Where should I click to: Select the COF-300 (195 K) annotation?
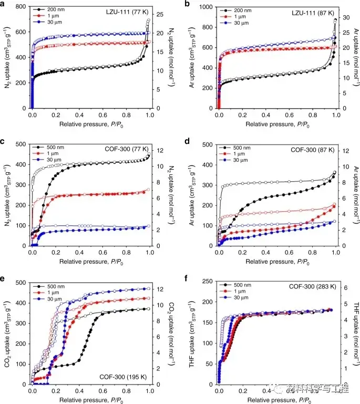(x=123, y=376)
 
